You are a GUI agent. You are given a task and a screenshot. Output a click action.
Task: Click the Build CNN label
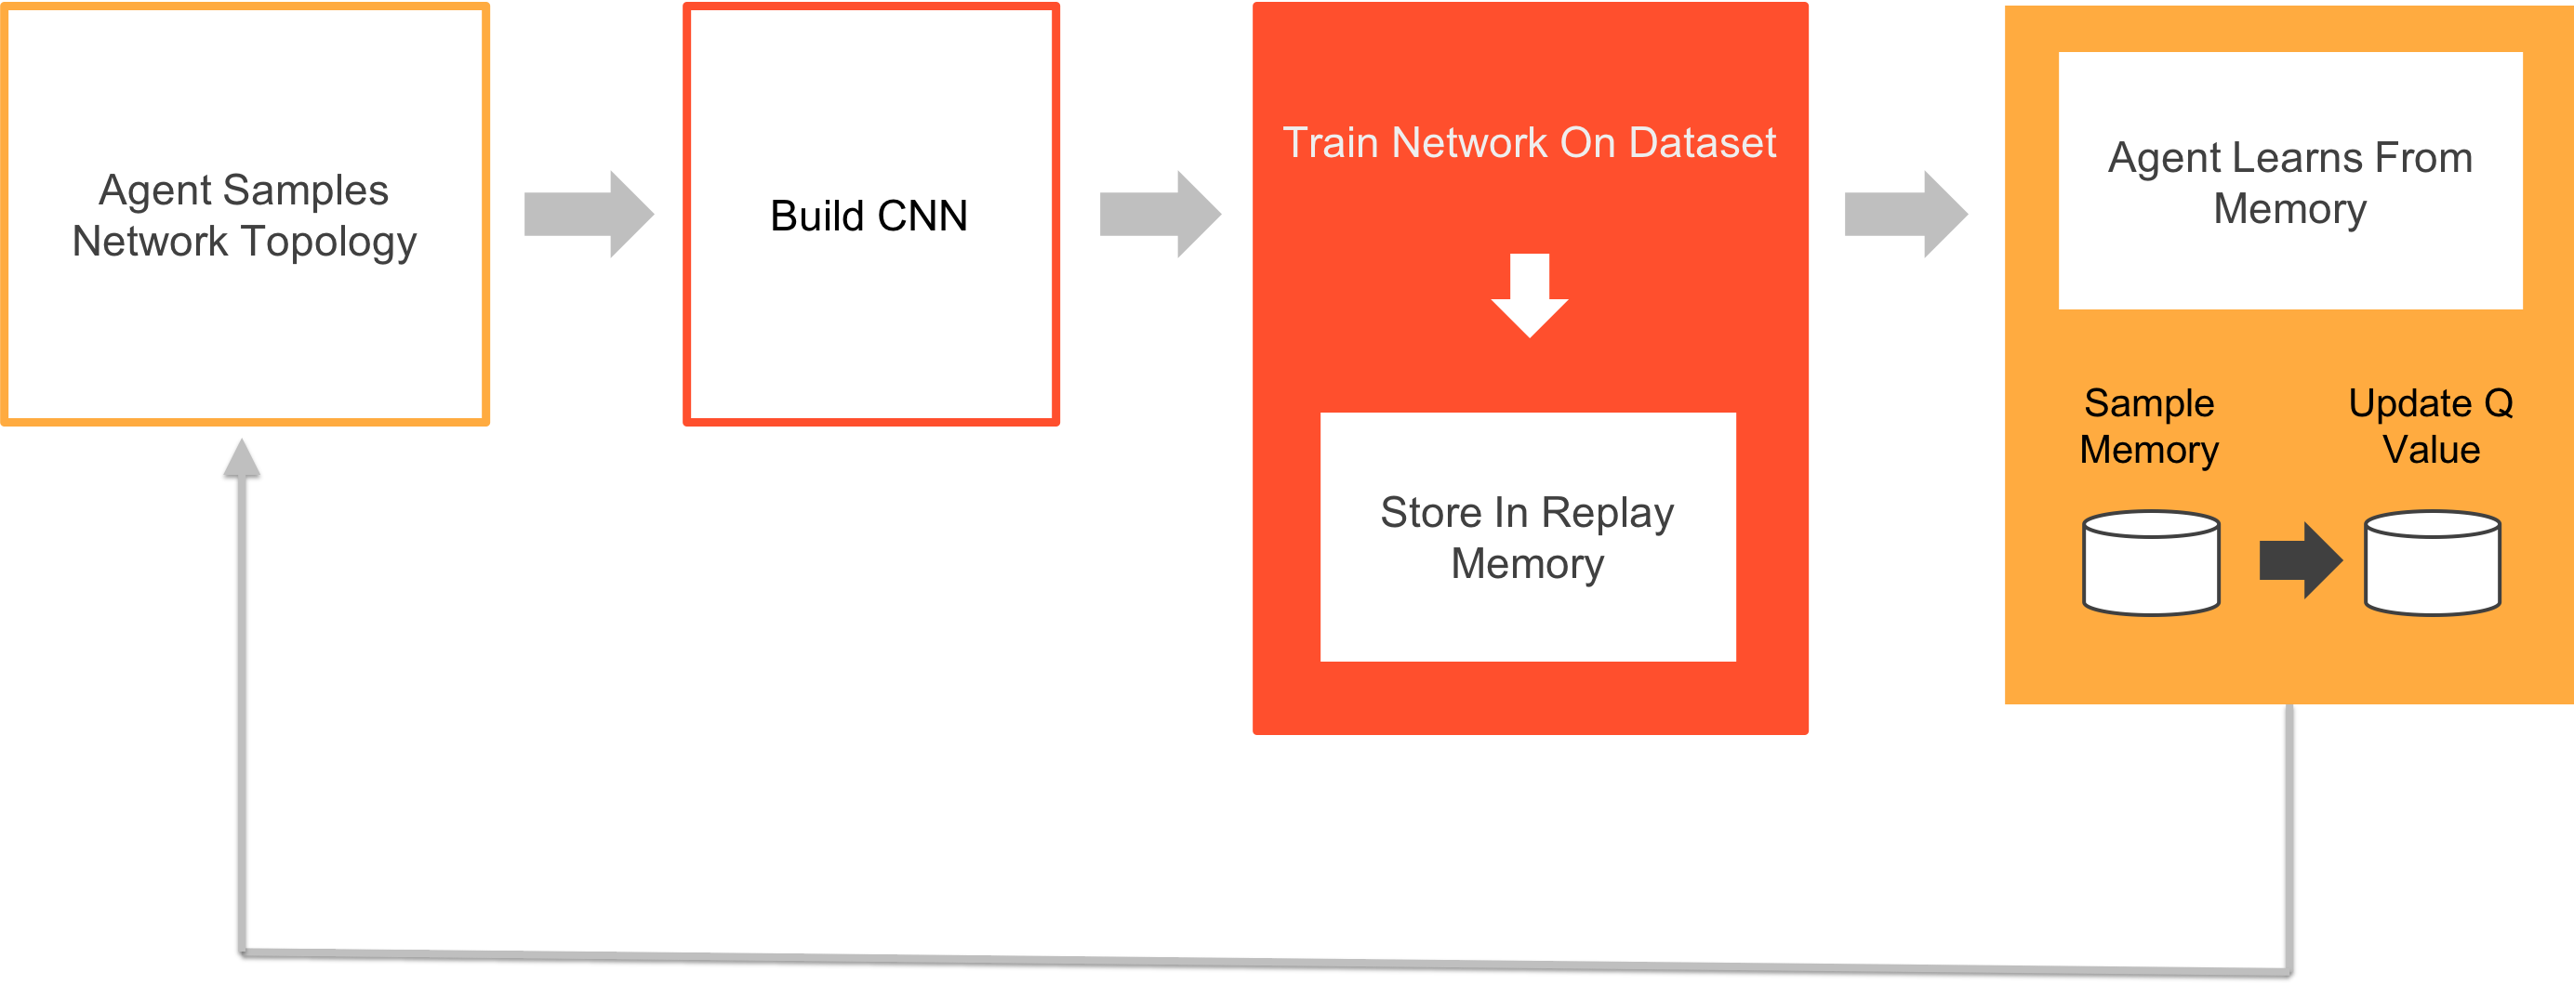click(869, 216)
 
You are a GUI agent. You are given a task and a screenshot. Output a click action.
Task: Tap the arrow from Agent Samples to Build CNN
click(590, 214)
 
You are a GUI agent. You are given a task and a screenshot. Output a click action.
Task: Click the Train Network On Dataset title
click(1529, 143)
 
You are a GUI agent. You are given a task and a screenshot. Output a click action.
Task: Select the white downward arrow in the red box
click(1529, 295)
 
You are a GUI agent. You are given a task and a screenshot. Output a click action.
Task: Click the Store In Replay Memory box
click(1528, 536)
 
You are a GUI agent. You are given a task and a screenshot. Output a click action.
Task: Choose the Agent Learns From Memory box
click(2290, 182)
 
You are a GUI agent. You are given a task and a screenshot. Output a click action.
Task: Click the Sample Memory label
click(2149, 427)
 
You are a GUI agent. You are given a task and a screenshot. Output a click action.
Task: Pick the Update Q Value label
click(2431, 427)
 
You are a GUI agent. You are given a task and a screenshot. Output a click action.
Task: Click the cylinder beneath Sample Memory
click(2151, 563)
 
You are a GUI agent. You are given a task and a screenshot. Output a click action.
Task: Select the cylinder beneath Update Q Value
click(2432, 563)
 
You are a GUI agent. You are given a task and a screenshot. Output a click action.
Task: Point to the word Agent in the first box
click(155, 190)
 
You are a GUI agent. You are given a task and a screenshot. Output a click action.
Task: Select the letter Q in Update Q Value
click(2498, 403)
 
